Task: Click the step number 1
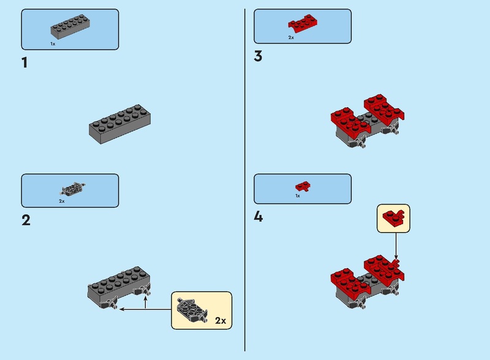point(24,62)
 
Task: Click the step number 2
point(26,220)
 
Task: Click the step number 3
point(258,56)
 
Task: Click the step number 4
point(258,216)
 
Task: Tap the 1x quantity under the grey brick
point(53,44)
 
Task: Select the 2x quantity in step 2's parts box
point(62,201)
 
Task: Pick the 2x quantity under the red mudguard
point(291,37)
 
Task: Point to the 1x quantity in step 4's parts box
point(298,196)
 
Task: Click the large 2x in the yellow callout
point(221,321)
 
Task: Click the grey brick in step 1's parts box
point(70,26)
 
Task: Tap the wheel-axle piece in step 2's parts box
point(72,189)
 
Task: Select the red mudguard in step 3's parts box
point(303,23)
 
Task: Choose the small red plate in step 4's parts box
point(303,186)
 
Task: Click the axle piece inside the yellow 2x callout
point(192,310)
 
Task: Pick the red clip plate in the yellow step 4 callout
point(393,217)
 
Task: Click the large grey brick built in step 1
point(119,124)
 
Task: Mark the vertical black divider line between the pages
point(244,180)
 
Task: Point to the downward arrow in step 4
point(396,246)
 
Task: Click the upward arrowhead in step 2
point(145,298)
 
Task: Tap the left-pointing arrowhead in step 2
point(122,309)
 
